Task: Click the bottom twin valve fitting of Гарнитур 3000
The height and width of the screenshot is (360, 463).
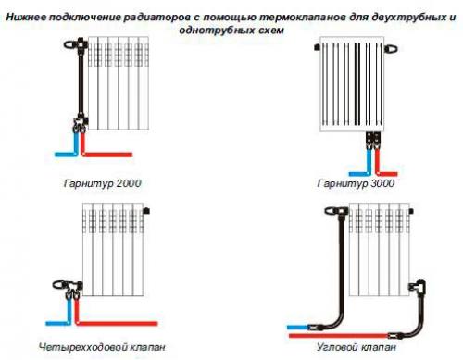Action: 372,139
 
